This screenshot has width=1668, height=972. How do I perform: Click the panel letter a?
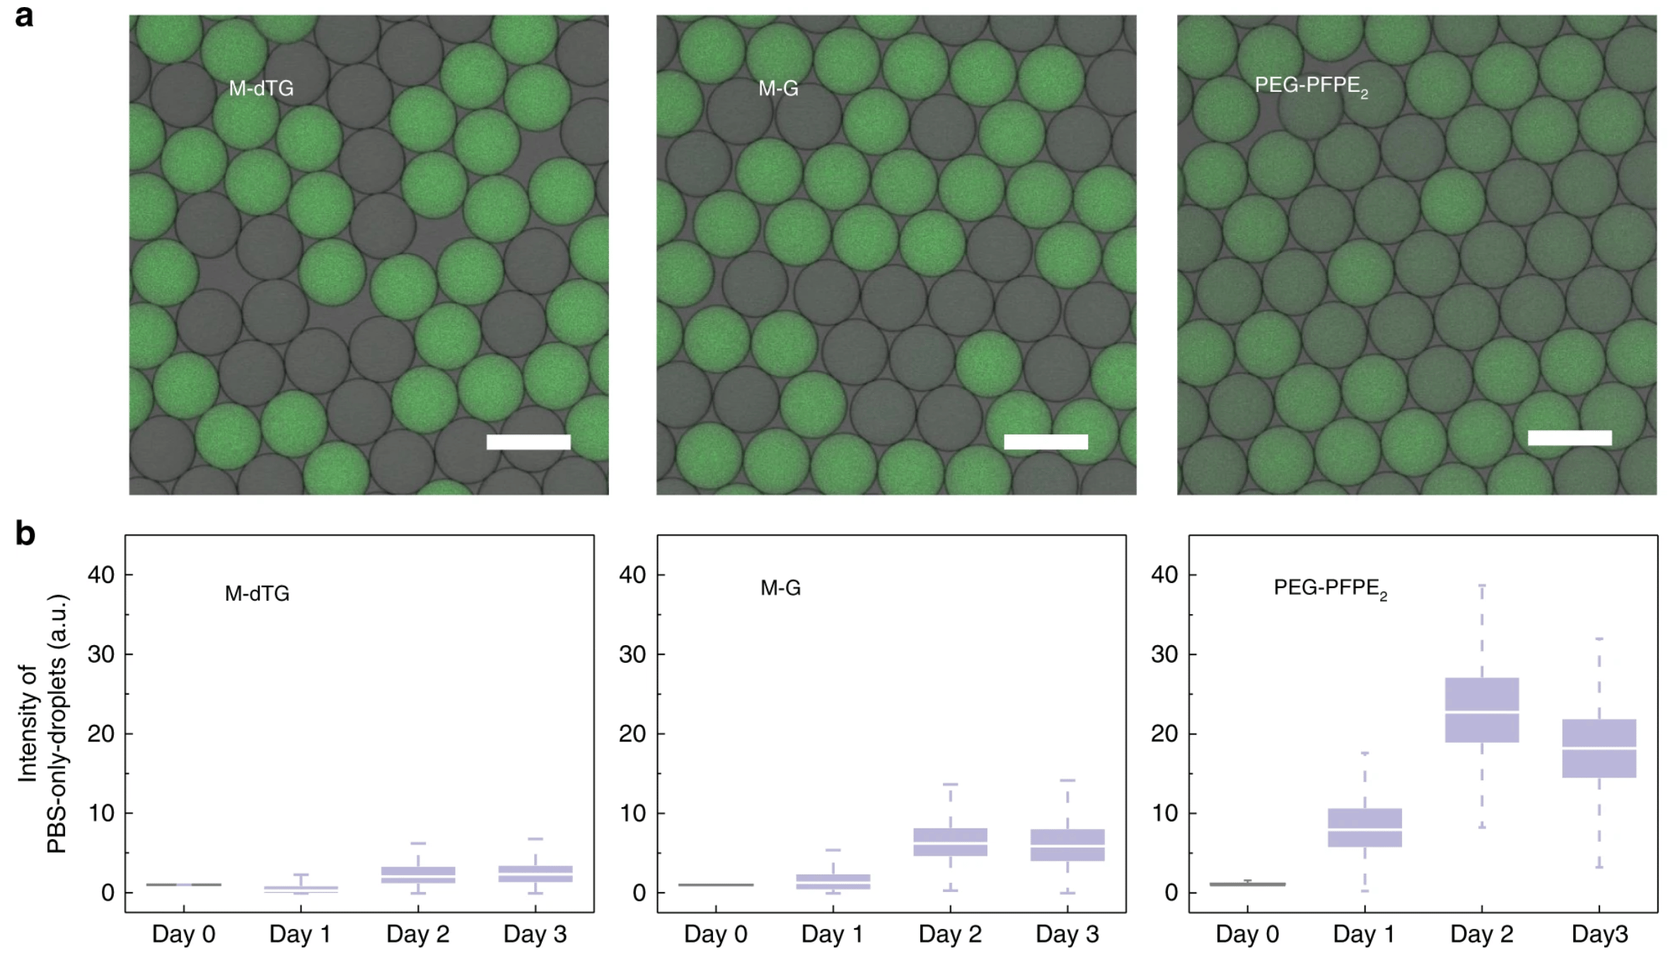point(24,16)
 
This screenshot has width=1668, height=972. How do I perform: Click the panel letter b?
point(25,534)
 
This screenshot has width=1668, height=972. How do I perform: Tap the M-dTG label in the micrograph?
point(261,88)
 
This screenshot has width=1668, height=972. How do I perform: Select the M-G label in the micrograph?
point(778,88)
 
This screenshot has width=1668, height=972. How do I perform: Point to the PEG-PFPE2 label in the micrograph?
point(1311,86)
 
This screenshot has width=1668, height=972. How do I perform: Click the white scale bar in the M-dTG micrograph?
point(528,442)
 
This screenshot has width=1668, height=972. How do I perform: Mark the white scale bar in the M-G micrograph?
point(1046,442)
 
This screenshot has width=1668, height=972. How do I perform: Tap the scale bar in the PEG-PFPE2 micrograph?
point(1570,438)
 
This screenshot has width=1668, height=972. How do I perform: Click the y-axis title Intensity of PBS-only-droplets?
point(42,724)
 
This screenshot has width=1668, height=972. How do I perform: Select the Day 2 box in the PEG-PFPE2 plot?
point(1481,710)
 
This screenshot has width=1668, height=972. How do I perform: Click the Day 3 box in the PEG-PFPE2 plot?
point(1599,748)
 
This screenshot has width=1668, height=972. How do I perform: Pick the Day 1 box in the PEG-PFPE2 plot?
point(1365,828)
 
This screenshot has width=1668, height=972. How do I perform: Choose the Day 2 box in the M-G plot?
point(950,842)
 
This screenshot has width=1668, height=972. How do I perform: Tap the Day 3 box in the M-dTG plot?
point(535,874)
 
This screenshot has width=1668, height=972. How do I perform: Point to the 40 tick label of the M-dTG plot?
point(101,575)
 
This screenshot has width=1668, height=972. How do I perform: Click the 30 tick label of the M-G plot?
point(632,654)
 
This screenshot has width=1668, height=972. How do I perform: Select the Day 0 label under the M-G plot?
point(715,935)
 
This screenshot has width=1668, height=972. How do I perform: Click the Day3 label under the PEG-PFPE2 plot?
point(1599,935)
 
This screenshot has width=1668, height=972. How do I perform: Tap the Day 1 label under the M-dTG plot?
point(300,935)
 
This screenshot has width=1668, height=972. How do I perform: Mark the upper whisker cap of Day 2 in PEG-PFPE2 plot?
point(1481,586)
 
